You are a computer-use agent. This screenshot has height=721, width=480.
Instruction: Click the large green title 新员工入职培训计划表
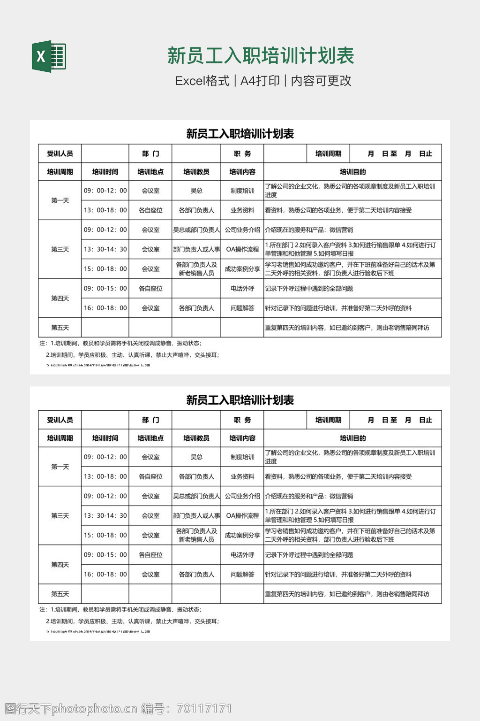[261, 56]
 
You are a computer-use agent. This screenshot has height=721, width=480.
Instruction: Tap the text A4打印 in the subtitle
[260, 81]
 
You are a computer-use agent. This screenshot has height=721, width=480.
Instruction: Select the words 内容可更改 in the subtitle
[321, 81]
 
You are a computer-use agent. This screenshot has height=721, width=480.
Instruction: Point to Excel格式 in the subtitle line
[202, 81]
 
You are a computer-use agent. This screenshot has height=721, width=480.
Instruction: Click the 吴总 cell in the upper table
[196, 191]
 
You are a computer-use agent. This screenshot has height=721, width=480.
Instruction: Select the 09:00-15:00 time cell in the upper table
[105, 288]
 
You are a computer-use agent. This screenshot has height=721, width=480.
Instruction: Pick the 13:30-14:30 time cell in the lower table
[105, 515]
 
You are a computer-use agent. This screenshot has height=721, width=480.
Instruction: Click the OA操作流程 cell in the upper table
[242, 249]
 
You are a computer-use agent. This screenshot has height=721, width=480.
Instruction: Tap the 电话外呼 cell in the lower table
[242, 554]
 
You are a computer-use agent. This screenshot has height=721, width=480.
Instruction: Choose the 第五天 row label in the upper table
[60, 328]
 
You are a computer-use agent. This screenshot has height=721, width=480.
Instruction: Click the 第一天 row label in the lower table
[60, 467]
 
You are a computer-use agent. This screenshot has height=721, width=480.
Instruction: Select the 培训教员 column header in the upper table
[196, 172]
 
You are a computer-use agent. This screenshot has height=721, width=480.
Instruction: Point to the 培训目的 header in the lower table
[352, 438]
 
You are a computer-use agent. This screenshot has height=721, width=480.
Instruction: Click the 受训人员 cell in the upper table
[60, 153]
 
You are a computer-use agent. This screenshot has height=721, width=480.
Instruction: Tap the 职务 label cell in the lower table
[242, 420]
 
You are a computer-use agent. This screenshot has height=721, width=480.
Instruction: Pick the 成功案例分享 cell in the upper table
[242, 269]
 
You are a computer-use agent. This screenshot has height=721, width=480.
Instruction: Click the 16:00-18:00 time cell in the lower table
[105, 574]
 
